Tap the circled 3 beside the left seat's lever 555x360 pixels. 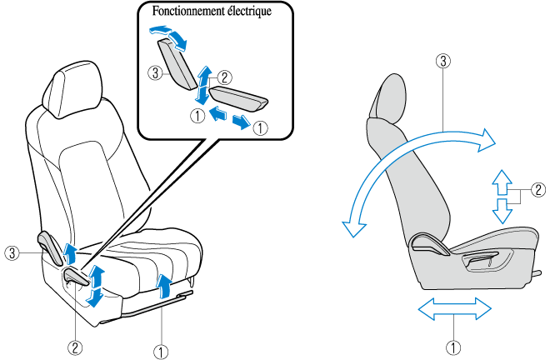click(x=11, y=251)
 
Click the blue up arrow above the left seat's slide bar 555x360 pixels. click(x=165, y=286)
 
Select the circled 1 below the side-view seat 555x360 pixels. click(x=453, y=344)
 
